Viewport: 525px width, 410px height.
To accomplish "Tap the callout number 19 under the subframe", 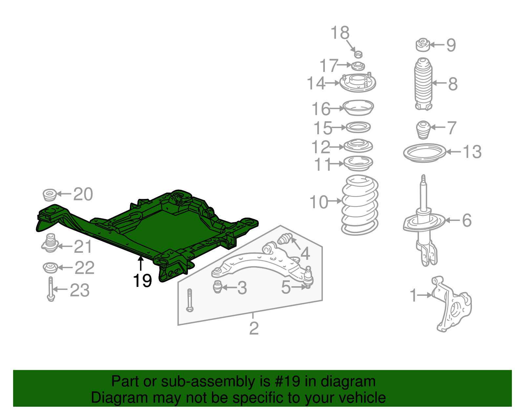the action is [142, 281].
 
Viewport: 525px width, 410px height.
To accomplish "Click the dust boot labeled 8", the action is [424, 84].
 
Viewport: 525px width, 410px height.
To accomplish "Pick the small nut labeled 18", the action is [358, 54].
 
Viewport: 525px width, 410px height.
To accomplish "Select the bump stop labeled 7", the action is [424, 130].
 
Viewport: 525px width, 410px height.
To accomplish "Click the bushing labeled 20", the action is [50, 195].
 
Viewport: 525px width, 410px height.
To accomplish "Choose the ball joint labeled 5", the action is [308, 277].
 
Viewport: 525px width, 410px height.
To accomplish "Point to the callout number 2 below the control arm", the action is [254, 328].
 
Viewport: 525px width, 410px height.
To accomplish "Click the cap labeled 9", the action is [423, 45].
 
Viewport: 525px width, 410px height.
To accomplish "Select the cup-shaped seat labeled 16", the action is [358, 108].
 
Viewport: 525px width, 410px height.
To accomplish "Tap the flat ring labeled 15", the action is [358, 127].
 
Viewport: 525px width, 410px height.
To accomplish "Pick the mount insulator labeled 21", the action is [50, 243].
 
